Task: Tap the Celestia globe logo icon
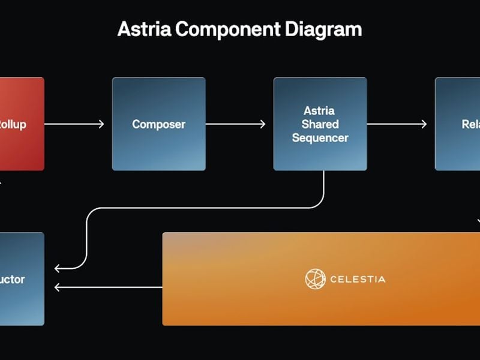click(315, 279)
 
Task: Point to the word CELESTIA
click(358, 279)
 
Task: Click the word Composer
click(158, 124)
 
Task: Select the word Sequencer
click(320, 138)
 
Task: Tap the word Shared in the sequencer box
click(320, 124)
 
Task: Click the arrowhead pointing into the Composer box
click(100, 124)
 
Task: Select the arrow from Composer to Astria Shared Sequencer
click(235, 124)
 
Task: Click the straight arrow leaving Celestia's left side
click(108, 287)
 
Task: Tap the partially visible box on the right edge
click(458, 124)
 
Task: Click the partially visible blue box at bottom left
click(22, 278)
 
